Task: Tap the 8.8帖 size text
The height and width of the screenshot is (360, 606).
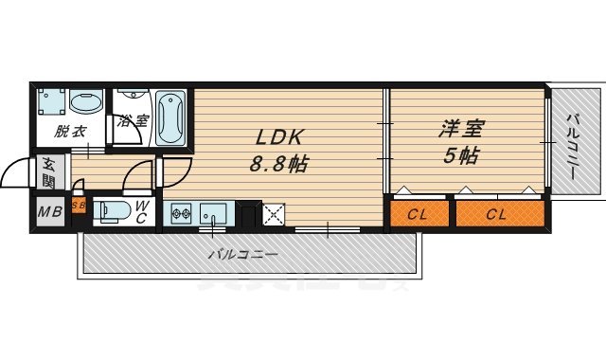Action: [x=279, y=163]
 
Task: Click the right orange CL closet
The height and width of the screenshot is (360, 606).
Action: [x=495, y=214]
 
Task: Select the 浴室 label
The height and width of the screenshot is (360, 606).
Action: [x=134, y=121]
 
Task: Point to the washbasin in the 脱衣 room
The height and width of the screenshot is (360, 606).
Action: [x=86, y=101]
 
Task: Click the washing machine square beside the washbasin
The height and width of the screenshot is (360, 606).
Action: [x=52, y=101]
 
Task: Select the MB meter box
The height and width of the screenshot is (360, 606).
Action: [x=49, y=211]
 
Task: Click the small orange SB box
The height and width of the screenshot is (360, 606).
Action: [x=80, y=205]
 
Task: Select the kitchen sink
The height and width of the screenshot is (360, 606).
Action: [x=212, y=212]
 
